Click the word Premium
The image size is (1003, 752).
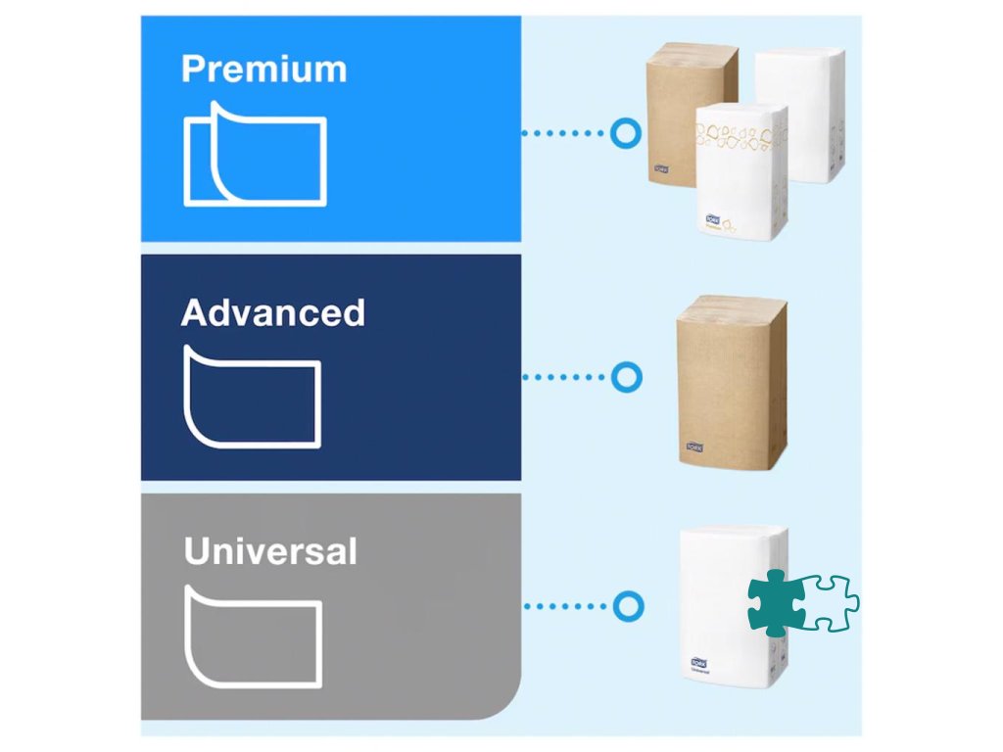[263, 70]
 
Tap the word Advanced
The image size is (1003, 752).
[272, 312]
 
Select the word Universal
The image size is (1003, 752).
[270, 551]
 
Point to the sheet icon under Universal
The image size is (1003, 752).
[253, 636]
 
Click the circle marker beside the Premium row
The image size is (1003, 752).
[625, 132]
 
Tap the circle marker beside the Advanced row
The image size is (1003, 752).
[625, 377]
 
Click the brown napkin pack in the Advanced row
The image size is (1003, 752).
[732, 382]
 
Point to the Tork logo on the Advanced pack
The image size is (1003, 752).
[694, 448]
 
